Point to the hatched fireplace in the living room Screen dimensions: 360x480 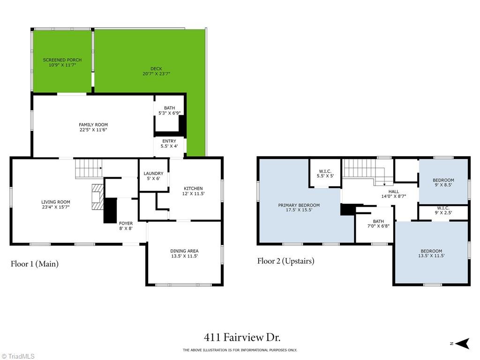[x=97, y=197]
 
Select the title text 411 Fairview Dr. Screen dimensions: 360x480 [x=242, y=337]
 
